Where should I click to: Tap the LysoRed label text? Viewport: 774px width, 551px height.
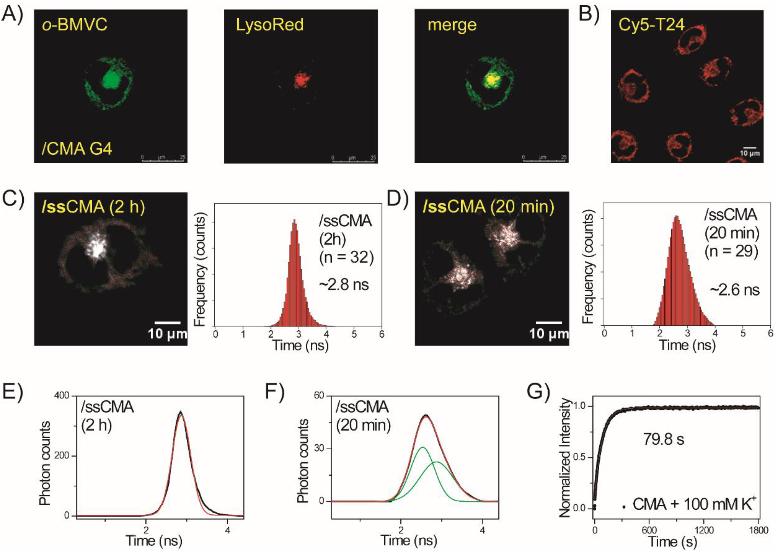[270, 25]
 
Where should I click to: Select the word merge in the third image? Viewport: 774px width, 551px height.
[452, 25]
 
